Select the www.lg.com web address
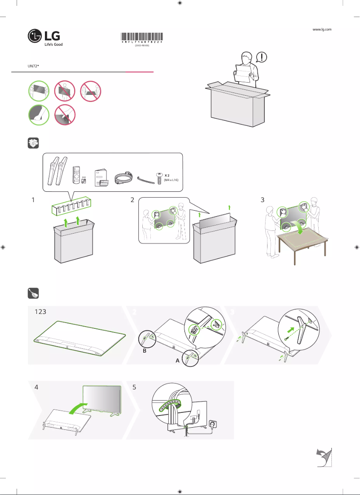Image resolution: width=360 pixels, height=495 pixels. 321,29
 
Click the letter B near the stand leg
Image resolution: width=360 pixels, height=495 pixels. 144,352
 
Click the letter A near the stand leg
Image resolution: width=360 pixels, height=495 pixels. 178,360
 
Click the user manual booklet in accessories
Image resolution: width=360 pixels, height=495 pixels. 99,177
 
